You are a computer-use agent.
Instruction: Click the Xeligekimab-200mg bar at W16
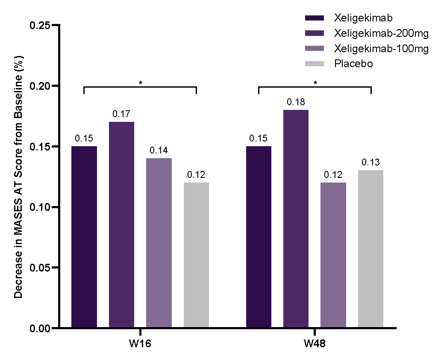tap(121, 224)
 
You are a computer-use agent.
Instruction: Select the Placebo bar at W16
tap(196, 255)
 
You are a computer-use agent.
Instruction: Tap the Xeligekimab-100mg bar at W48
tap(333, 255)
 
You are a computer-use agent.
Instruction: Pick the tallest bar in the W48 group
tap(296, 218)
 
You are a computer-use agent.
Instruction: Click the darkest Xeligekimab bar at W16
tap(84, 237)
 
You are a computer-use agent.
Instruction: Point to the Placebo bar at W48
tap(370, 248)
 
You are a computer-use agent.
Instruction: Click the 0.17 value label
tap(121, 114)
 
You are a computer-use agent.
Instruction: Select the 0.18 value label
tap(296, 102)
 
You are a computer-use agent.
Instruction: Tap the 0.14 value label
tap(159, 150)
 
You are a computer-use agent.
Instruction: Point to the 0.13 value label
tap(370, 162)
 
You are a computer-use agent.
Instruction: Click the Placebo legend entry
tap(339, 64)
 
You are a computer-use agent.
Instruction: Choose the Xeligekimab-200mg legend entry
tap(367, 33)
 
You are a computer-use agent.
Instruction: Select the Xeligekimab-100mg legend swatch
tap(315, 48)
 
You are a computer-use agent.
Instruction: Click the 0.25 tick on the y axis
tap(55, 25)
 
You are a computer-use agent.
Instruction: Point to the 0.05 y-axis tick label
tap(40, 267)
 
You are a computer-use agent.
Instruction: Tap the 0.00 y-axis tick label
tap(40, 328)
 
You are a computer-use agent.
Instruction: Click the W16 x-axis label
tap(140, 344)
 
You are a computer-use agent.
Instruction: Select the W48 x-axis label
tap(315, 344)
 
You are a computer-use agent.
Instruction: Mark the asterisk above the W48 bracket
tap(315, 83)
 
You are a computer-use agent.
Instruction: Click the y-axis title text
tap(18, 177)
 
